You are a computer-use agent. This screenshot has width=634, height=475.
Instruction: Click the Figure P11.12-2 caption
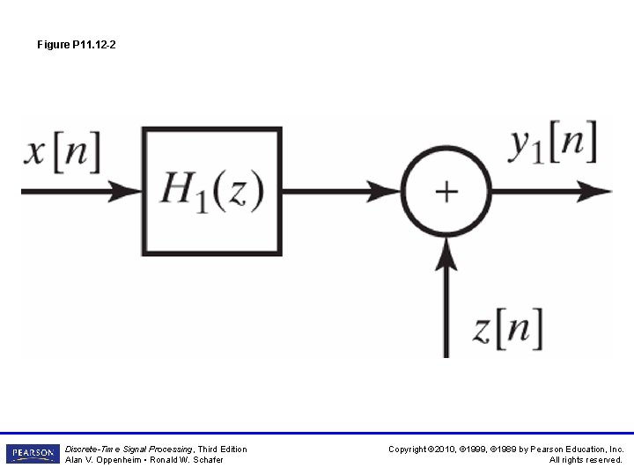[x=77, y=44]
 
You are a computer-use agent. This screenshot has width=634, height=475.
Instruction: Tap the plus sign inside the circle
[x=446, y=191]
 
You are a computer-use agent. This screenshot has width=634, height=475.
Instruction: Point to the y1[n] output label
[x=553, y=142]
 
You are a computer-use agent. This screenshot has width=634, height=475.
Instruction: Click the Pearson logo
[x=32, y=454]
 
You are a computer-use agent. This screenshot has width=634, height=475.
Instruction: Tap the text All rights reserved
[x=586, y=460]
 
